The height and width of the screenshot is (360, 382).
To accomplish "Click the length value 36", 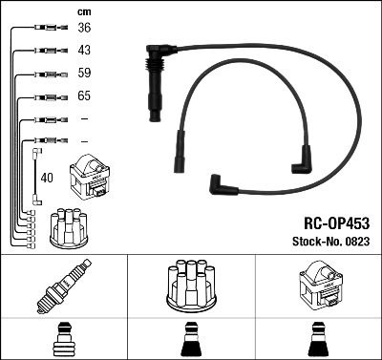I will pos(83,28).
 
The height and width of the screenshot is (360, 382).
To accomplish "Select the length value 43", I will pos(83,50).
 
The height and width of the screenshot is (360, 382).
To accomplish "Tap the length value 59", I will pos(83,73).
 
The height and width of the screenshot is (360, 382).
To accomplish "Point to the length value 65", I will pos(83,96).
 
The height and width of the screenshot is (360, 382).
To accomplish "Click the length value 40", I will pos(47,177).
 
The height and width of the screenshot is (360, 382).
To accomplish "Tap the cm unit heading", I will pos(83,11).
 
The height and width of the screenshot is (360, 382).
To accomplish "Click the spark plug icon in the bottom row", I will pos(63,287).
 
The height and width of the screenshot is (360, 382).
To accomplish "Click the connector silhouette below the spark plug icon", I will pos(63,338).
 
